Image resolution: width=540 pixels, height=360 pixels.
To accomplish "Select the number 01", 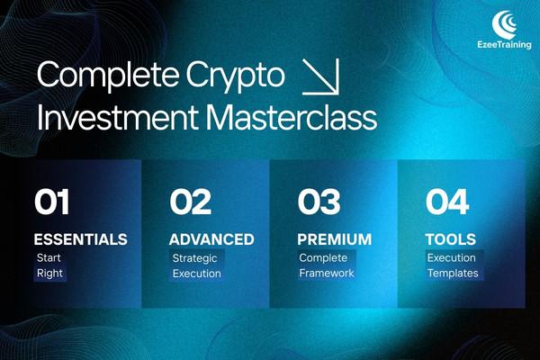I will coord(51,202).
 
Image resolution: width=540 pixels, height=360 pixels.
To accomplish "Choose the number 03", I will coord(320,202).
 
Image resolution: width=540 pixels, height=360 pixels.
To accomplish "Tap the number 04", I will coord(447,202).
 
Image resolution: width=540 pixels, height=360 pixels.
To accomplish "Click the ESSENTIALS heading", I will coord(80,240).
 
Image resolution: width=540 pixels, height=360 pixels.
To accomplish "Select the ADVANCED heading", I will coord(211,240).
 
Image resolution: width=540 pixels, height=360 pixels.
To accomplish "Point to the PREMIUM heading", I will coord(334,240).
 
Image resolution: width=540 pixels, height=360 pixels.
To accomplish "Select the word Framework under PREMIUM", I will coord(328,274).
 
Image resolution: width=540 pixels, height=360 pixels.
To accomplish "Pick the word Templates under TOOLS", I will coord(454,274).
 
